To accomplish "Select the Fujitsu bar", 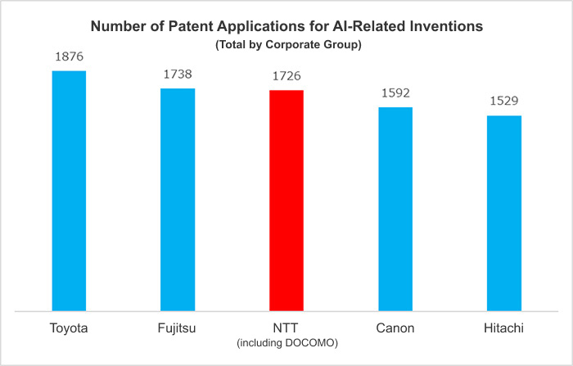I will [x=178, y=200].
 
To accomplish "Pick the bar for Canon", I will [x=395, y=209].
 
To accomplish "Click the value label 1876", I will [x=69, y=57].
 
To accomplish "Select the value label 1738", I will [x=178, y=75].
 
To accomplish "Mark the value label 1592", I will [x=395, y=93].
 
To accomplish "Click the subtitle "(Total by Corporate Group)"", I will [x=286, y=43].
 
